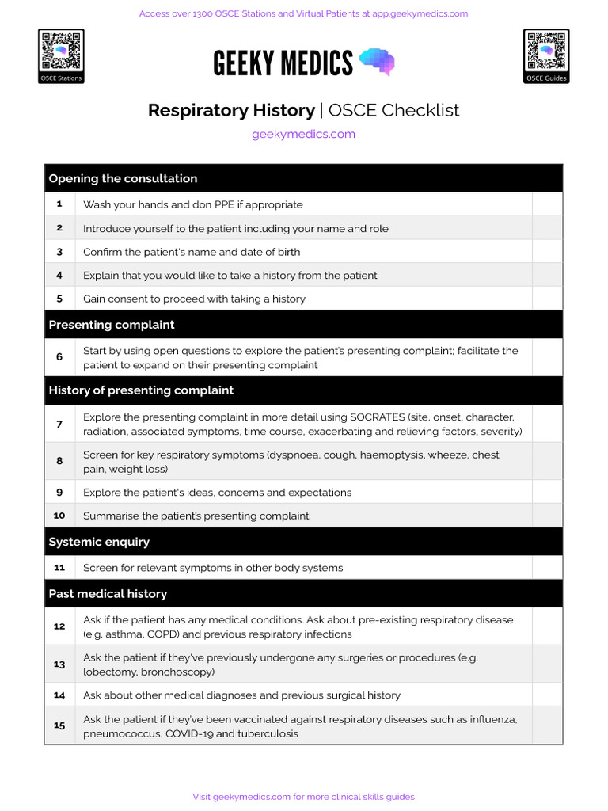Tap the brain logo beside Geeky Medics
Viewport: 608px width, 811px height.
pyautogui.click(x=377, y=62)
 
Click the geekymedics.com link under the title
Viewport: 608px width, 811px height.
pyautogui.click(x=303, y=134)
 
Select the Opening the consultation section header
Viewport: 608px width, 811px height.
pyautogui.click(x=123, y=178)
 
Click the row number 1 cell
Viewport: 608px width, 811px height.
pyautogui.click(x=59, y=204)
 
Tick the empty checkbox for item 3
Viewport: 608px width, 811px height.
pyautogui.click(x=547, y=252)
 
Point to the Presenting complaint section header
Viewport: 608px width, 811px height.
pyautogui.click(x=112, y=325)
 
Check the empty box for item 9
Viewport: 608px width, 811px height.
pyautogui.click(x=547, y=492)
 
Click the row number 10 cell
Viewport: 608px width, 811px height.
pyautogui.click(x=59, y=516)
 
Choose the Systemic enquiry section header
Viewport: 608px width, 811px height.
pyautogui.click(x=99, y=542)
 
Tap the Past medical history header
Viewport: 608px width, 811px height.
pyautogui.click(x=108, y=593)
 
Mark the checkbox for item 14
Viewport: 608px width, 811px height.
pyautogui.click(x=547, y=695)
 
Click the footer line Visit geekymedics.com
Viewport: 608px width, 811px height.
pyautogui.click(x=303, y=797)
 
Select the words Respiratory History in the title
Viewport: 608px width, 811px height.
pyautogui.click(x=231, y=110)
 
